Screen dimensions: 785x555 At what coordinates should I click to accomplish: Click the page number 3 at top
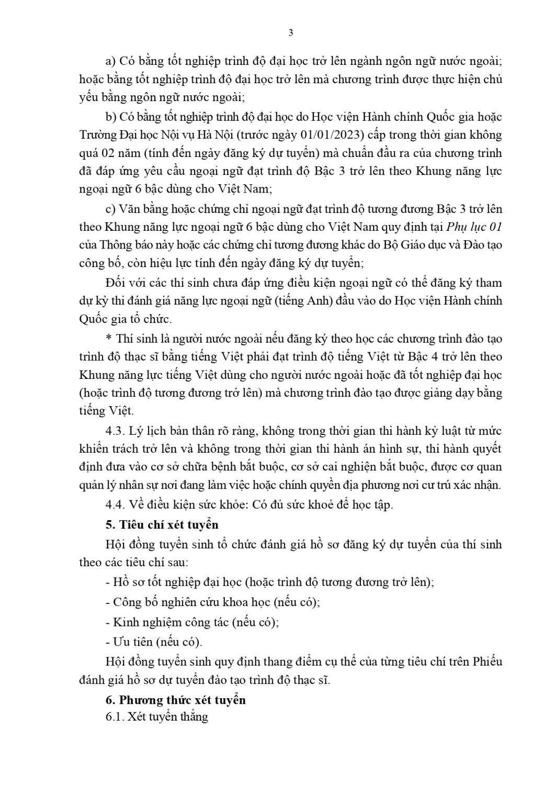(291, 32)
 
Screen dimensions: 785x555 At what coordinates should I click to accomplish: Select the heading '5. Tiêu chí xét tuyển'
(162, 524)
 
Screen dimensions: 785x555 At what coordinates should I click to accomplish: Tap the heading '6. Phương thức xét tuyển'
(175, 700)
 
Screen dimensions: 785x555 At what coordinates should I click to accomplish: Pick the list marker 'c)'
(110, 209)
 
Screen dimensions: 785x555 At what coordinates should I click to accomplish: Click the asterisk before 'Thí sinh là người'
(108, 339)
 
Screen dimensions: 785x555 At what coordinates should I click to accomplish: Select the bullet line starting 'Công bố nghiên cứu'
(212, 602)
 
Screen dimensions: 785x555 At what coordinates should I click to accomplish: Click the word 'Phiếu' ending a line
(488, 661)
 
